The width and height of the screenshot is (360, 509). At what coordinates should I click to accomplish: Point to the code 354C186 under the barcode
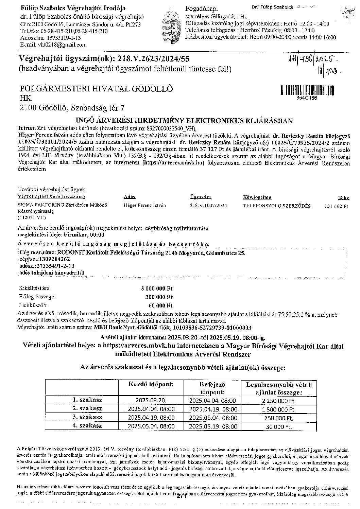tap(307, 98)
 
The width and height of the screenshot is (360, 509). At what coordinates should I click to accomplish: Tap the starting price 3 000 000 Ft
tap(157, 288)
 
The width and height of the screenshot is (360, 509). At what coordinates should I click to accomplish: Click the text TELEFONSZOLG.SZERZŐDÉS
tap(276, 206)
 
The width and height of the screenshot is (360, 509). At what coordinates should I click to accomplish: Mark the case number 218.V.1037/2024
tap(208, 206)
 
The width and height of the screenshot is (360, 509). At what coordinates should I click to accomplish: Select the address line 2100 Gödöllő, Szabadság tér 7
tap(72, 108)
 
